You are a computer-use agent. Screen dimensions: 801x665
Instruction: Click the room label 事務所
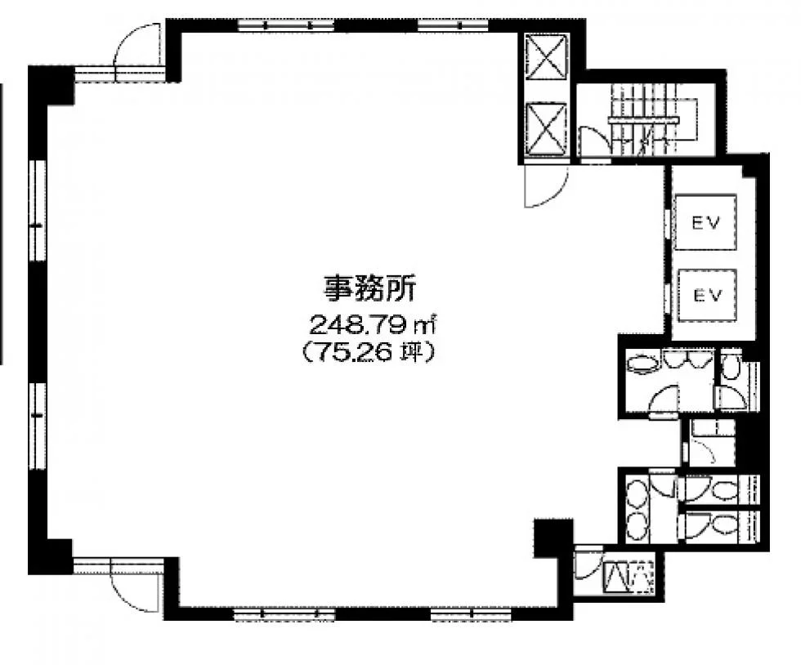tap(369, 289)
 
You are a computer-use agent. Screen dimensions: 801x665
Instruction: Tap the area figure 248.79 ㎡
tap(373, 324)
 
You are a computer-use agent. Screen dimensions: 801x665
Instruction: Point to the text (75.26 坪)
tap(369, 352)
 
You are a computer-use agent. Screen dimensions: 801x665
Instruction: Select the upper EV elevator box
tap(705, 222)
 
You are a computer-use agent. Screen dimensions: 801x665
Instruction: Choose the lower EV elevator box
tap(707, 295)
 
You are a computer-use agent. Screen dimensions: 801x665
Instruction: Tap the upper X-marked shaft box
tap(547, 56)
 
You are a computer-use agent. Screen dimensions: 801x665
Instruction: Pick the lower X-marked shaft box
tap(546, 127)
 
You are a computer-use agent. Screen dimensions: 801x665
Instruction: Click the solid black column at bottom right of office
tap(553, 537)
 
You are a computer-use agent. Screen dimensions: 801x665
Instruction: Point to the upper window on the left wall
tap(37, 211)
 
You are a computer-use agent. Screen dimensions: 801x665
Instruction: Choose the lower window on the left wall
tap(37, 426)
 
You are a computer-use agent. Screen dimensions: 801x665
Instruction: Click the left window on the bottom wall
tap(284, 614)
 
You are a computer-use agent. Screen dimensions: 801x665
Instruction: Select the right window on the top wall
tap(453, 25)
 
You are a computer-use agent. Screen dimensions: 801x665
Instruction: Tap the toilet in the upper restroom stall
tap(729, 368)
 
